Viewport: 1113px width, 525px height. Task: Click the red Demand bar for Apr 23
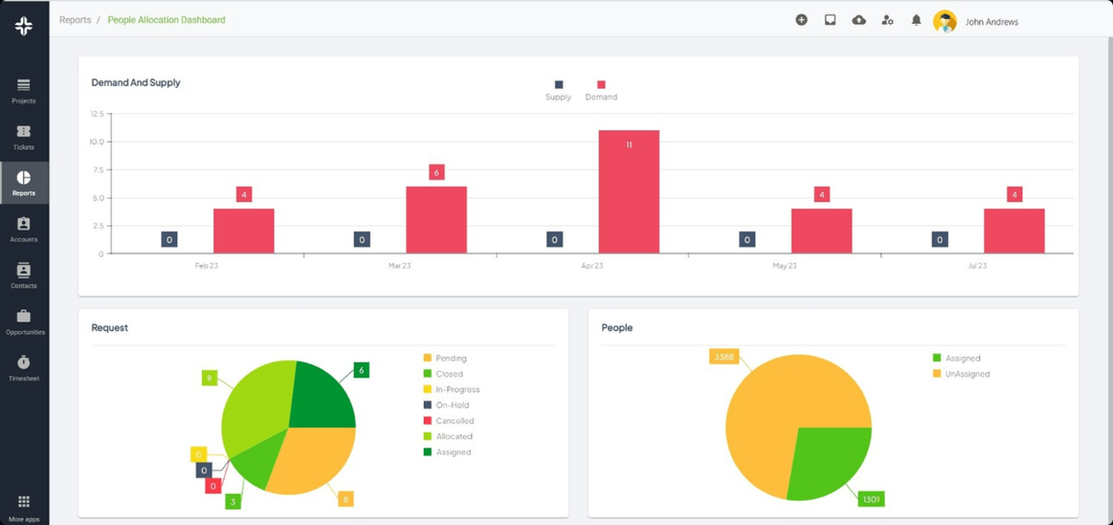[628, 192]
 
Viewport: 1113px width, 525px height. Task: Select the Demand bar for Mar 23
[436, 220]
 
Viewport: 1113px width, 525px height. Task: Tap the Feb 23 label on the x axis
[206, 265]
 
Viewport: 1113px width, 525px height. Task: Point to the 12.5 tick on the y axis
[96, 113]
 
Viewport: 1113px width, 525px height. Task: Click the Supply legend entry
[558, 90]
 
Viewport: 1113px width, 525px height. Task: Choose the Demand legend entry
[601, 90]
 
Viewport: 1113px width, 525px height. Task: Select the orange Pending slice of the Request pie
[311, 457]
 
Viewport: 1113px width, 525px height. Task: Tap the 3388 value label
[723, 356]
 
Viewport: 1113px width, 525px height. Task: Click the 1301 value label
[870, 498]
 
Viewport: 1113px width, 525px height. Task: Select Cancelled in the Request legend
[454, 421]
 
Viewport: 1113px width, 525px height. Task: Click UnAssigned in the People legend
[967, 373]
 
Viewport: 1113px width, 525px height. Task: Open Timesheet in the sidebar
[24, 367]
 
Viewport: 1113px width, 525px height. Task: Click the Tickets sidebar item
[24, 137]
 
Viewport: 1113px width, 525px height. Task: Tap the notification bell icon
[916, 20]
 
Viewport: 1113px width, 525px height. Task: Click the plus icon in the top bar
[801, 20]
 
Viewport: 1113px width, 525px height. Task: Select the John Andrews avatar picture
[944, 21]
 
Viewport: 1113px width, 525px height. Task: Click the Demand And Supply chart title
[136, 83]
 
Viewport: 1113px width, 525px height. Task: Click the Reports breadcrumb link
[75, 20]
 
